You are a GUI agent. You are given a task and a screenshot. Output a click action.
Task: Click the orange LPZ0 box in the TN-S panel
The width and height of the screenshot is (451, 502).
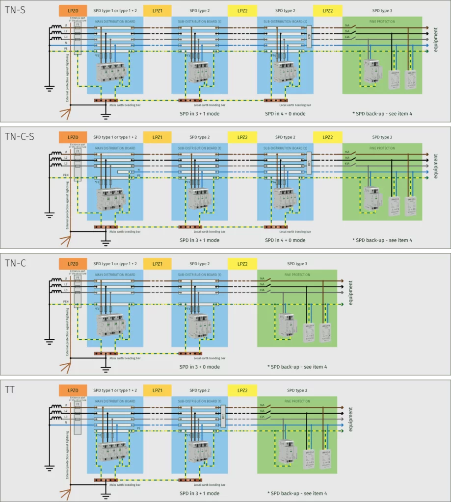73,11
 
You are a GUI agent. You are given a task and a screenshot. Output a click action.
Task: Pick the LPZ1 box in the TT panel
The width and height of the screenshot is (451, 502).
158,390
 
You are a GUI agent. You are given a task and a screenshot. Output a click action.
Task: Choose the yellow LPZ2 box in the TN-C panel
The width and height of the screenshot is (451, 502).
242,264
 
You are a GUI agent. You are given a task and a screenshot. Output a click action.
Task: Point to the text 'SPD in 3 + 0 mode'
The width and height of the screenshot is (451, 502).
199,367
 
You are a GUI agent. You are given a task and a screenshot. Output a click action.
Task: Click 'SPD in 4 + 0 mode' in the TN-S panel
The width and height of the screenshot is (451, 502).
285,114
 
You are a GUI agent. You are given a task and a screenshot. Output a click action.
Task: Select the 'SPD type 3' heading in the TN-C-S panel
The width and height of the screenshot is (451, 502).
382,137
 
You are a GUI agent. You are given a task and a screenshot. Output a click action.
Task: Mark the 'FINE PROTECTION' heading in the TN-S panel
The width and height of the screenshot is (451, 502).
382,22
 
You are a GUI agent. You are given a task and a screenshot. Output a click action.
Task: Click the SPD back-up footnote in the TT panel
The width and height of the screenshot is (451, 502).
297,493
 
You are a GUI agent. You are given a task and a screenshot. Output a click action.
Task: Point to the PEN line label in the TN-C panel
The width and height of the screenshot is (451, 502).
66,301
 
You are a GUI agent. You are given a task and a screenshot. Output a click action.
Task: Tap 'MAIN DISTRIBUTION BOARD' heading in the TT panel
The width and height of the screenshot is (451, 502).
115,401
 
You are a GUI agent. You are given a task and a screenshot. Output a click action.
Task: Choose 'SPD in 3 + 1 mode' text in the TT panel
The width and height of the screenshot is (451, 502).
199,493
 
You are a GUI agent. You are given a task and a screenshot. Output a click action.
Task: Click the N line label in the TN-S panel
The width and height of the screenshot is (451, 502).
66,43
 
